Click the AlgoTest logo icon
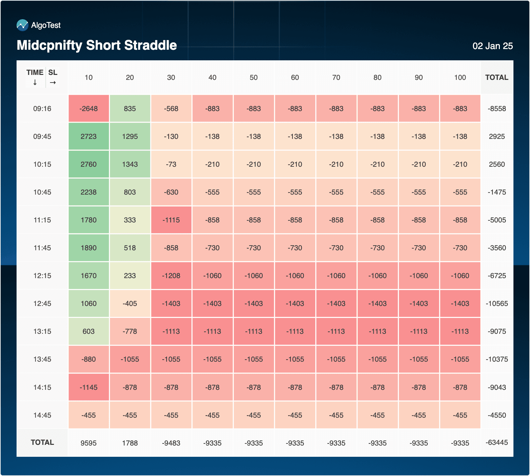click(x=23, y=25)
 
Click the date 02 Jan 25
click(x=492, y=46)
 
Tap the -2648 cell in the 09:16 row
click(x=89, y=109)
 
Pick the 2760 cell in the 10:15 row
click(x=89, y=164)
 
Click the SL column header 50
click(x=253, y=78)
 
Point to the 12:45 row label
click(x=42, y=304)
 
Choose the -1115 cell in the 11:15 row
click(x=171, y=220)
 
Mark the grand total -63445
click(x=497, y=443)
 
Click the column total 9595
click(x=89, y=443)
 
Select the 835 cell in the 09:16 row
click(x=130, y=109)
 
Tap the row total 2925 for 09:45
click(x=497, y=137)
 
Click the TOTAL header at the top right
click(x=497, y=78)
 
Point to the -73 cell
click(x=171, y=164)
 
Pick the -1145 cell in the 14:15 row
click(x=89, y=387)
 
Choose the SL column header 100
click(x=460, y=78)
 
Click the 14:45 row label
click(x=42, y=415)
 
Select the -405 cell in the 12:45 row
click(x=130, y=304)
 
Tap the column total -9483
click(x=171, y=443)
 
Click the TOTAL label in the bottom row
click(x=42, y=443)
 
